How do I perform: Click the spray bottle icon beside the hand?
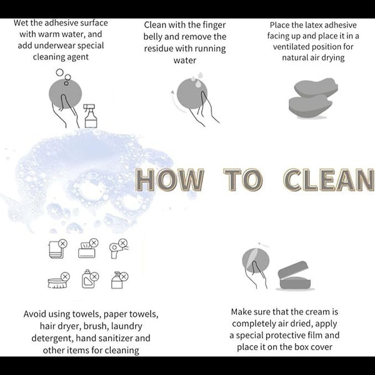coord(91,116)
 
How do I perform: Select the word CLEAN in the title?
coord(329,179)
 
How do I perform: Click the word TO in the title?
coord(243,179)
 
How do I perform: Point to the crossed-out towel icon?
coord(58,249)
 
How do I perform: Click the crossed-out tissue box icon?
coord(88,248)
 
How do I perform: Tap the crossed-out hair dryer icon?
coord(119,249)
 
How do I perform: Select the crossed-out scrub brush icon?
coord(59,280)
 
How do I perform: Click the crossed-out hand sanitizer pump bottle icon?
coord(120,280)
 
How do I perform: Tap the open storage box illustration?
coord(294,276)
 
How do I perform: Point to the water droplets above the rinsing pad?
coord(197,79)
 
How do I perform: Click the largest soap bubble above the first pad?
coord(59,72)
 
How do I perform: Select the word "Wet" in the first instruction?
coord(20,23)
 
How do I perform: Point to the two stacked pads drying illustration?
coord(313,98)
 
